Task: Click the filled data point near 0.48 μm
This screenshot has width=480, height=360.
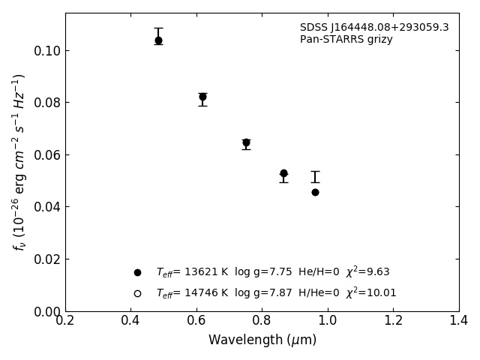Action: click(158, 40)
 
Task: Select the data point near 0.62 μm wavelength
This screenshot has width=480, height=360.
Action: click(202, 97)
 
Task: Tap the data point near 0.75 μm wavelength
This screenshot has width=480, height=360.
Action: click(246, 142)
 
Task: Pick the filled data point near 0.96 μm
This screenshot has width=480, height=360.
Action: click(315, 192)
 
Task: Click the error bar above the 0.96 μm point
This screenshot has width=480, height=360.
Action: click(315, 177)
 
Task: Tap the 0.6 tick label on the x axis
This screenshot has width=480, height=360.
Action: click(196, 321)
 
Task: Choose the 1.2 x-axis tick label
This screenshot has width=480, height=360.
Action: click(393, 321)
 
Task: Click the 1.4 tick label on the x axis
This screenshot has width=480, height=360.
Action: click(458, 321)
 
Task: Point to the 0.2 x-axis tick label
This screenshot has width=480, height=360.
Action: click(65, 321)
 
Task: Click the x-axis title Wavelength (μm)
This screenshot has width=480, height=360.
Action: click(262, 340)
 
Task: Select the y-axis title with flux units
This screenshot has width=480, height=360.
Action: click(19, 161)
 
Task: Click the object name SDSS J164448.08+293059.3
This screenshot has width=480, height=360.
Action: click(374, 28)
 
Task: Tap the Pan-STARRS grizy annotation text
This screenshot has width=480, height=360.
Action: click(346, 40)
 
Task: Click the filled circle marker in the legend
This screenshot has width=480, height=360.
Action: click(137, 272)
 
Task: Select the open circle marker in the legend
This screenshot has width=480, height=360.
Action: click(137, 293)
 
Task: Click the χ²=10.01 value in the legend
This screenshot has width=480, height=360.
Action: click(371, 292)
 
